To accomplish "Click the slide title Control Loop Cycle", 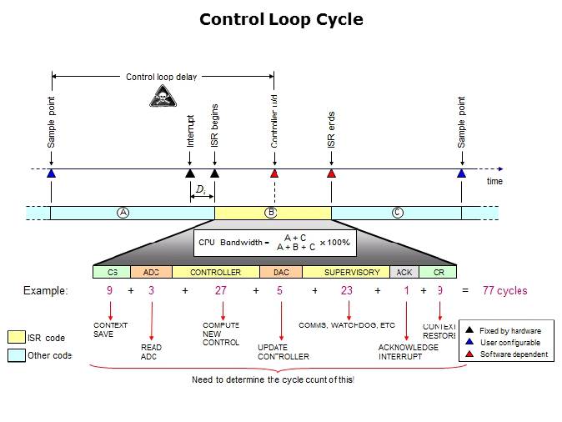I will pyautogui.click(x=281, y=19).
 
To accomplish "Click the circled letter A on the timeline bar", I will pyautogui.click(x=123, y=213).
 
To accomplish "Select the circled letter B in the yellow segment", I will pyautogui.click(x=270, y=213).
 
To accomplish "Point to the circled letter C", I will pyautogui.click(x=398, y=213).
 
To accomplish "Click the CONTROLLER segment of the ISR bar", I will pyautogui.click(x=215, y=272).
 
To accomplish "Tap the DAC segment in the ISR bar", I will pyautogui.click(x=280, y=272).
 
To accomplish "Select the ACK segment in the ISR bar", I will pyautogui.click(x=404, y=272).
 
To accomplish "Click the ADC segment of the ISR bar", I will pyautogui.click(x=151, y=272).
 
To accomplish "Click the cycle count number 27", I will pyautogui.click(x=221, y=291).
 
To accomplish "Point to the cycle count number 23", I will pyautogui.click(x=348, y=291).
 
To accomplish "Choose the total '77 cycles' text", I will pyautogui.click(x=504, y=291).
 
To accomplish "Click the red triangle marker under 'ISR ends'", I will pyautogui.click(x=331, y=173).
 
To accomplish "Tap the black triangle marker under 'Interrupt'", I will pyautogui.click(x=189, y=173).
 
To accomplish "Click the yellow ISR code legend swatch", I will pyautogui.click(x=16, y=337).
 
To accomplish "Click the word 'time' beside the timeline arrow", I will pyautogui.click(x=494, y=181).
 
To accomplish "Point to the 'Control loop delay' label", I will pyautogui.click(x=162, y=78).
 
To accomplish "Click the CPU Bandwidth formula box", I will pyautogui.click(x=274, y=242).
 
